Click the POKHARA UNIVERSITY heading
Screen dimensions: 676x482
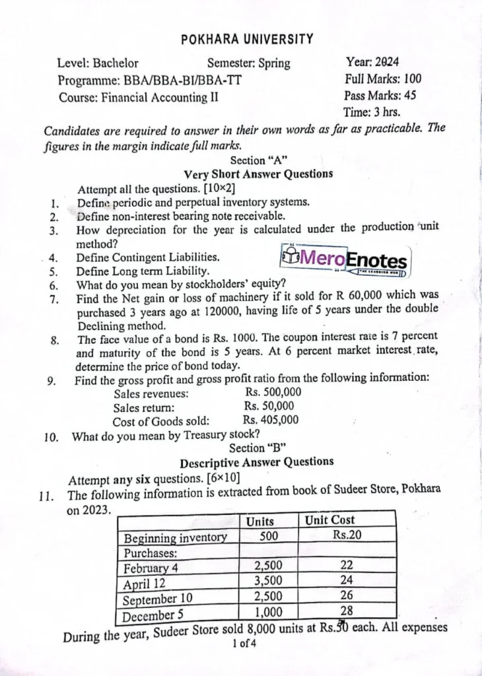(x=247, y=40)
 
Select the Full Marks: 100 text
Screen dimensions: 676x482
(x=383, y=79)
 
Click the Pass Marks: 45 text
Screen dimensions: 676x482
(x=380, y=96)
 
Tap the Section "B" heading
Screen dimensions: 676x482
(x=257, y=448)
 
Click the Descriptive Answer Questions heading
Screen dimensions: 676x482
(x=256, y=462)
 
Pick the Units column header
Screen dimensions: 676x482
(x=259, y=522)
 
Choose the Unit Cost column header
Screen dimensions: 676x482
(x=329, y=520)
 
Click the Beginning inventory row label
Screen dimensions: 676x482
(x=176, y=537)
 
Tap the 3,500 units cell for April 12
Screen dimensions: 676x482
(x=268, y=581)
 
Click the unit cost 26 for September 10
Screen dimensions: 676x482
(x=347, y=595)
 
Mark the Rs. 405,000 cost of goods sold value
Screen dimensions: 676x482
(x=270, y=420)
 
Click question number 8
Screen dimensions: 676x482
(x=55, y=341)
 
